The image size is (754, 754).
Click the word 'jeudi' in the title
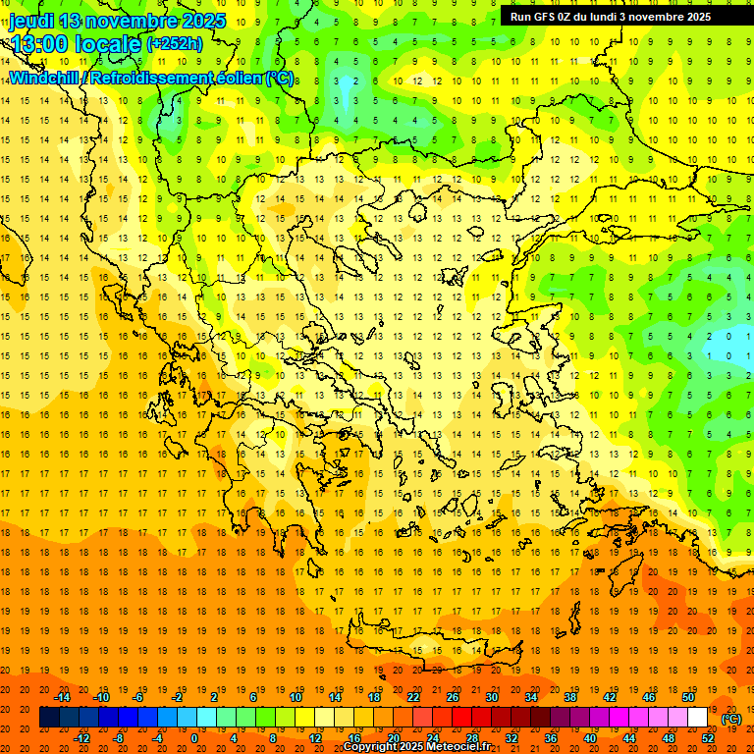click(x=31, y=21)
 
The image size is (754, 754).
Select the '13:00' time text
click(x=39, y=43)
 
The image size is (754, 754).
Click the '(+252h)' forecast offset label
click(x=174, y=43)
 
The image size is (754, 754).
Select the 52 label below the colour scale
click(x=708, y=738)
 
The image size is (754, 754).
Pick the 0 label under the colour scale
click(x=194, y=738)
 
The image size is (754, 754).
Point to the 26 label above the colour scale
click(x=453, y=697)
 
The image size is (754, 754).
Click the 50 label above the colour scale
click(x=688, y=697)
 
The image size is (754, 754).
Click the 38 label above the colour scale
click(x=570, y=697)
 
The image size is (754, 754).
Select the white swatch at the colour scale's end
click(x=698, y=718)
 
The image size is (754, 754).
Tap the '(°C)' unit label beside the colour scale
click(x=730, y=719)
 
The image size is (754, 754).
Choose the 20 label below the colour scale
click(x=394, y=738)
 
